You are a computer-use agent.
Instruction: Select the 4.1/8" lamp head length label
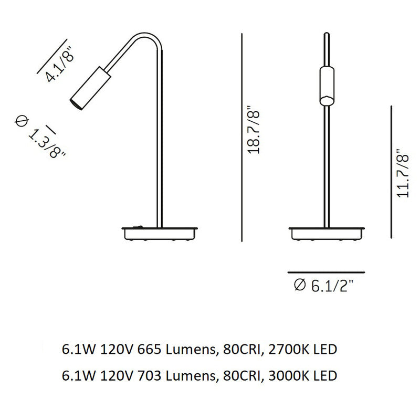click(59, 65)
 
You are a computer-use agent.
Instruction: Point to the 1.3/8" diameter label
click(40, 136)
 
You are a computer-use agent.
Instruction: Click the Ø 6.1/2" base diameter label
click(323, 286)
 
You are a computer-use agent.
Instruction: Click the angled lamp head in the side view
click(90, 88)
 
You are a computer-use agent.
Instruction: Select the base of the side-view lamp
click(160, 234)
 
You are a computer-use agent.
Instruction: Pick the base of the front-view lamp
click(327, 234)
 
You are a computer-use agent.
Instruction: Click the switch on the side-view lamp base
click(138, 227)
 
